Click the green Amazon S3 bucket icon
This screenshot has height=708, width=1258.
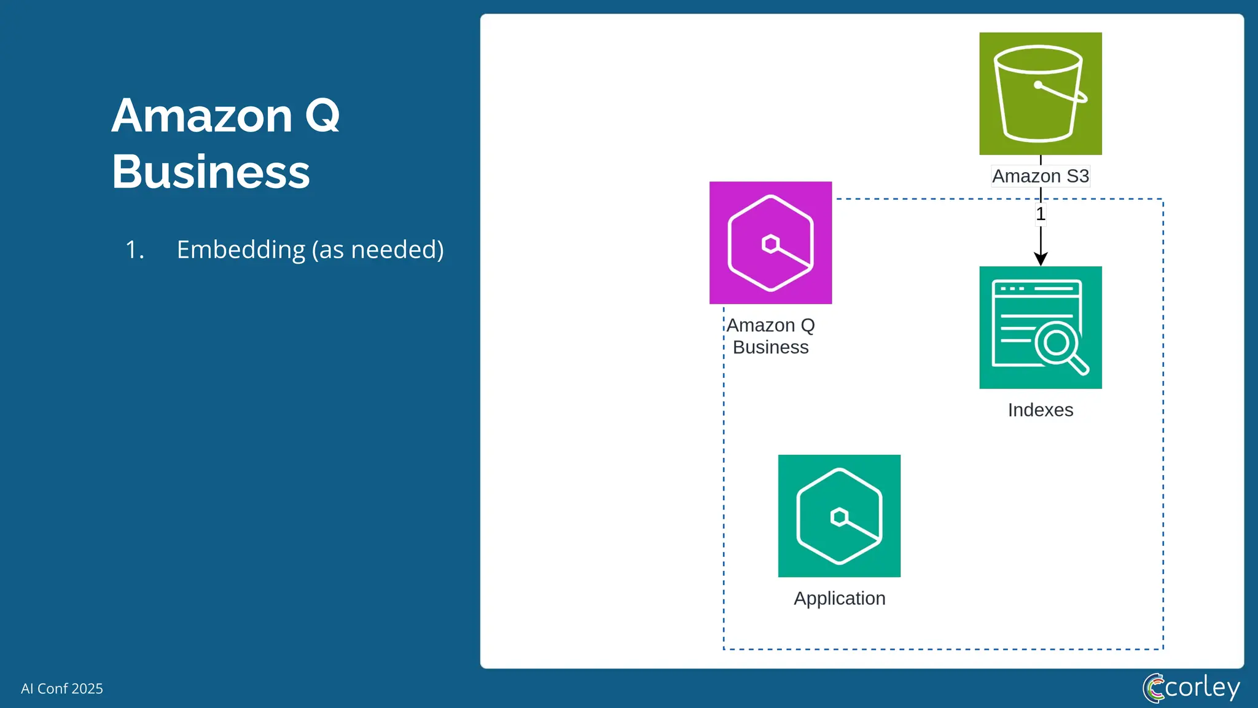pos(1040,93)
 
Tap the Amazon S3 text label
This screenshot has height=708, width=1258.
pos(1040,176)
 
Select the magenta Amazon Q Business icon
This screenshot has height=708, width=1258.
pos(770,242)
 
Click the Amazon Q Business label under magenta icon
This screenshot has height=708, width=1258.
pos(770,336)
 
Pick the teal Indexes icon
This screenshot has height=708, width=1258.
pos(1040,327)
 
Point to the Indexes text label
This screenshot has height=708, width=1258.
pos(1040,410)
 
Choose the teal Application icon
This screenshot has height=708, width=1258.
pos(839,516)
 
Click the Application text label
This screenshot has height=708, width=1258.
pos(839,599)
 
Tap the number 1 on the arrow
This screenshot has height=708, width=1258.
pos(1041,214)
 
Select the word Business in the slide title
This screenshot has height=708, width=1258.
pos(211,172)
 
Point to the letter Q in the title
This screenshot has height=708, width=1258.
pos(322,117)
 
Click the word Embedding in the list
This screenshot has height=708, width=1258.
pos(241,250)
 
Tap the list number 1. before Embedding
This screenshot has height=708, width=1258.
pos(135,250)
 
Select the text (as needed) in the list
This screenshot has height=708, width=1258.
pos(378,250)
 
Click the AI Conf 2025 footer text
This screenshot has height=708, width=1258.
pos(62,688)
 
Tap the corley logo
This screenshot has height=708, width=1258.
pos(1191,688)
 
